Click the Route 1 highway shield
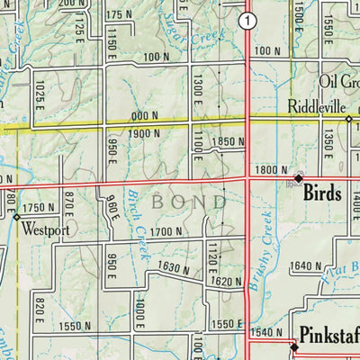247,20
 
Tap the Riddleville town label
317,106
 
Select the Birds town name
324,192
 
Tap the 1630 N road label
174,266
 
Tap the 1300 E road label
192,88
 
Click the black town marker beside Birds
298,178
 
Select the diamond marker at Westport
16,216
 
